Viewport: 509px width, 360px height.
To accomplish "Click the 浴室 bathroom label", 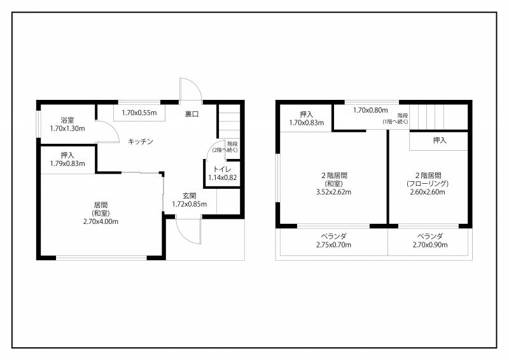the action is click(67, 120).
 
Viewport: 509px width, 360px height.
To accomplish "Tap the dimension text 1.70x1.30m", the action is click(67, 128).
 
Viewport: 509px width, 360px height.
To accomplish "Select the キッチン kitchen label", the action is click(140, 142).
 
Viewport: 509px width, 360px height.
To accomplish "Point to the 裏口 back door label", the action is click(192, 114).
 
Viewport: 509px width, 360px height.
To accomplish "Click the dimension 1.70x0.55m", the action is click(139, 113).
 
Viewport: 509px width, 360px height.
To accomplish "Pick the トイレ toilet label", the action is click(222, 169).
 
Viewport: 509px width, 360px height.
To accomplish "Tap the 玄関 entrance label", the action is click(189, 196).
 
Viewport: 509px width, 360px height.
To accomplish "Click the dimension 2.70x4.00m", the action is click(101, 222).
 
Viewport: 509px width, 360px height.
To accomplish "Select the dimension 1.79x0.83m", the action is click(67, 163).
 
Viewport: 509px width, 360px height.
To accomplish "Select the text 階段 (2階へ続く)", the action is click(225, 147).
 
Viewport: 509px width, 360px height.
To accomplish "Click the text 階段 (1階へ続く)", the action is click(395, 118).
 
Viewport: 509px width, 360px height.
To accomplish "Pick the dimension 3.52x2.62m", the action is click(333, 192).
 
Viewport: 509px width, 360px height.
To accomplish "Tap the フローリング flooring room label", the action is click(428, 184).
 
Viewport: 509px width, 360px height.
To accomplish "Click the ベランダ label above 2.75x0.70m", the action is click(333, 237).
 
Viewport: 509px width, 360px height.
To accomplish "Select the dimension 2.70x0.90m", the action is click(430, 245).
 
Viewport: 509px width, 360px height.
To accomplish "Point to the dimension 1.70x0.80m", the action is click(370, 111).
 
